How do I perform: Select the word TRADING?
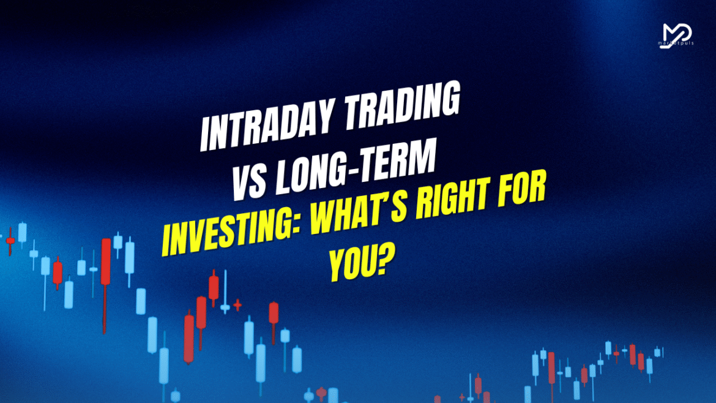coord(402,105)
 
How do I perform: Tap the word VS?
coord(249,183)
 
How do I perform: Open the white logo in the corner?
coord(677,35)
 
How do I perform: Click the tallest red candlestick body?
coord(106,262)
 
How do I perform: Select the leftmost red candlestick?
coord(10,241)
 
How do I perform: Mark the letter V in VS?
coord(241,184)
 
